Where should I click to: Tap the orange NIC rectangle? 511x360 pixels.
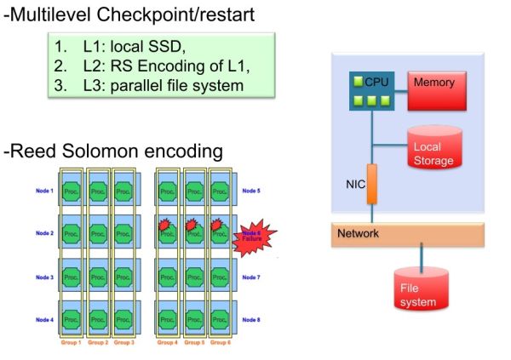coord(372,184)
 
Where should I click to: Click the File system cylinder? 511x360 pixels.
coord(421,289)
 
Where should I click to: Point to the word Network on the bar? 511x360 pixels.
coord(358,234)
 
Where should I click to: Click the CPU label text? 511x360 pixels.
coord(376,82)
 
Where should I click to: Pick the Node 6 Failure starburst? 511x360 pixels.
coord(252,237)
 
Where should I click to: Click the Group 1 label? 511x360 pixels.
coord(72,343)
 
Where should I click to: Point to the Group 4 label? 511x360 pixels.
coord(168,343)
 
